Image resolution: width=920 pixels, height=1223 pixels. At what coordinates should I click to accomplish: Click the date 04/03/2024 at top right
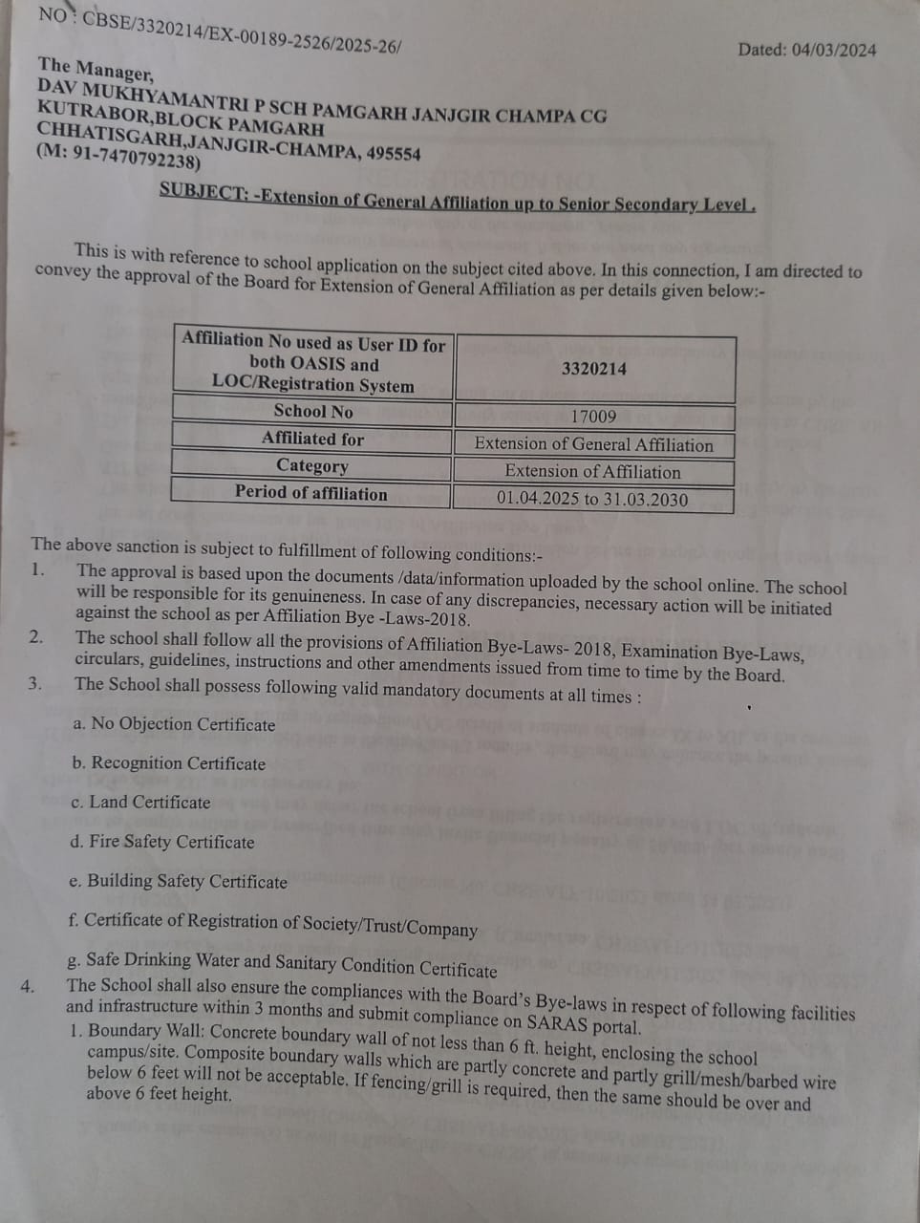833,50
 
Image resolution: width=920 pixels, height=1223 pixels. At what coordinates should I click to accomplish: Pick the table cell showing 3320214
594,369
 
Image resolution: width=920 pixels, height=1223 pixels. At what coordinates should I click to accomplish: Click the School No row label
312,412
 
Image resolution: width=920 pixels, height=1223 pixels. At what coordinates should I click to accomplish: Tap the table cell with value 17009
593,417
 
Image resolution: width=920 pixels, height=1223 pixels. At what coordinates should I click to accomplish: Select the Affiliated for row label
312,440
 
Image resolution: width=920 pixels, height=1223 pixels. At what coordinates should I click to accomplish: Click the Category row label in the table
312,466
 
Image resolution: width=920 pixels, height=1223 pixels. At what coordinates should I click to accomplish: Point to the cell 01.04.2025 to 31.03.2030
592,499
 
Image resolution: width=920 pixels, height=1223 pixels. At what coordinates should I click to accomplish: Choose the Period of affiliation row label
311,493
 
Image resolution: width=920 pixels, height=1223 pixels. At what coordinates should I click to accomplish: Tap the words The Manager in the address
95,69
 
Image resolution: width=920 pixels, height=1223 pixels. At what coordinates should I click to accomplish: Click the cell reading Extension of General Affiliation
593,444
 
